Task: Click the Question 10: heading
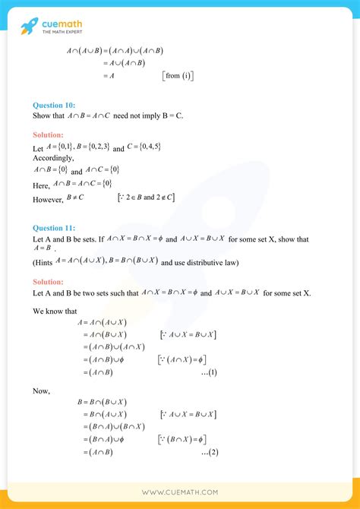[54, 105]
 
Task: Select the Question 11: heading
[54, 227]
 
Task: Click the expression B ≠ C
[74, 198]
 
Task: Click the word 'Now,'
[41, 390]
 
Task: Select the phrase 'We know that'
[55, 311]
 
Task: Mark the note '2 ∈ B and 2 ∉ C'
[146, 198]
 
